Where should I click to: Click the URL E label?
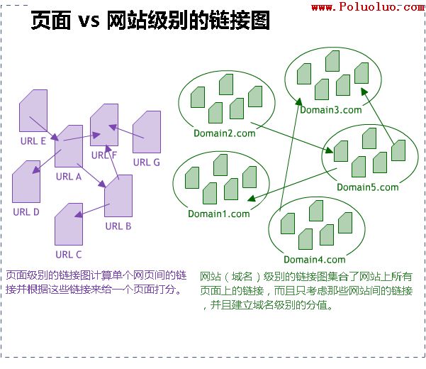(x=33, y=141)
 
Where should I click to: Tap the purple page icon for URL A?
(x=69, y=146)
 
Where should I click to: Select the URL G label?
(x=147, y=162)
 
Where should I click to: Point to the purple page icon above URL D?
(x=26, y=182)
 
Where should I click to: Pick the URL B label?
(x=118, y=226)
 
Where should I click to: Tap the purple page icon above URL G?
(x=146, y=132)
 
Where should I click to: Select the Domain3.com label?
(x=330, y=110)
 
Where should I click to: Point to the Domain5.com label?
(x=367, y=187)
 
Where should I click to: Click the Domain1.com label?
(x=219, y=214)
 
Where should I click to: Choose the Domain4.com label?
(x=314, y=260)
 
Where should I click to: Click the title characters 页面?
(x=51, y=22)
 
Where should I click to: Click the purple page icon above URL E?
(x=33, y=111)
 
